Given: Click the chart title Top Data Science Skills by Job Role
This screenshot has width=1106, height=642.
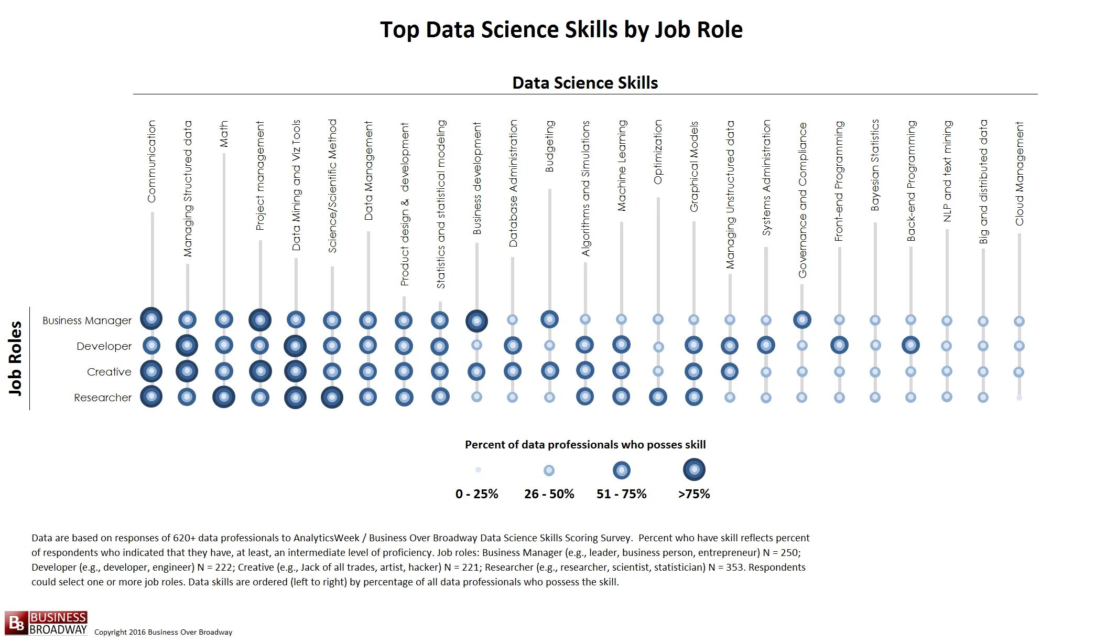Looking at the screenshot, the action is (x=561, y=30).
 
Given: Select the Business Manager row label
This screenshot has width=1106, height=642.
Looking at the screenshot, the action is (x=87, y=320).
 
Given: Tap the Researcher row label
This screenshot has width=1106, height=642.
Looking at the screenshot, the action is (x=103, y=398).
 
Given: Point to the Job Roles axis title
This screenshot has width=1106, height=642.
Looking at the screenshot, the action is (x=16, y=358).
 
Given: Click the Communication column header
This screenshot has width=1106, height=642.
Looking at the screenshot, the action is (x=152, y=162).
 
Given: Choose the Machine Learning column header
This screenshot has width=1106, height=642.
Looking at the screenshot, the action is (x=622, y=166).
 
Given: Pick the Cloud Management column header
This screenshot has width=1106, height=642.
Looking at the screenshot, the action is (x=1020, y=174).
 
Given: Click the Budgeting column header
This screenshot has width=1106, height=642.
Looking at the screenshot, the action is (x=549, y=146).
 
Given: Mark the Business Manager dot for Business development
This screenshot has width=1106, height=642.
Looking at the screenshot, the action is (x=476, y=321).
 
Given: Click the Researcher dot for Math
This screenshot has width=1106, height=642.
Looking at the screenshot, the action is (x=224, y=397).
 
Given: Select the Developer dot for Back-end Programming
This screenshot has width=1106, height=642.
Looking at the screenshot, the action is (x=911, y=345).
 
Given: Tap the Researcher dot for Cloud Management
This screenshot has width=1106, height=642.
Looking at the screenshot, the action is (x=1019, y=398).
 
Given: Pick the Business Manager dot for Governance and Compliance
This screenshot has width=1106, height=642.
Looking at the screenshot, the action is (x=802, y=319).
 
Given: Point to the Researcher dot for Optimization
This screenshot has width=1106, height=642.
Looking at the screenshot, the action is (x=658, y=397).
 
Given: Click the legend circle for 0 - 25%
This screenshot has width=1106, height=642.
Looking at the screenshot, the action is (x=478, y=470).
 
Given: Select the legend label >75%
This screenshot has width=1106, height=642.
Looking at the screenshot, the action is (x=694, y=494).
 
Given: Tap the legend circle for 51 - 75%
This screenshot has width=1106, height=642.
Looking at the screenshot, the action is (x=622, y=470).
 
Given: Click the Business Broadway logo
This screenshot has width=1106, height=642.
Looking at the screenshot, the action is (x=46, y=623).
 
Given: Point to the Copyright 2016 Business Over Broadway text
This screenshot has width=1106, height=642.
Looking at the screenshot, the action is (x=163, y=632).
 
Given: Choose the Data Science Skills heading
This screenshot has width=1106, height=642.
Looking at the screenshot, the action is (x=585, y=83).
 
